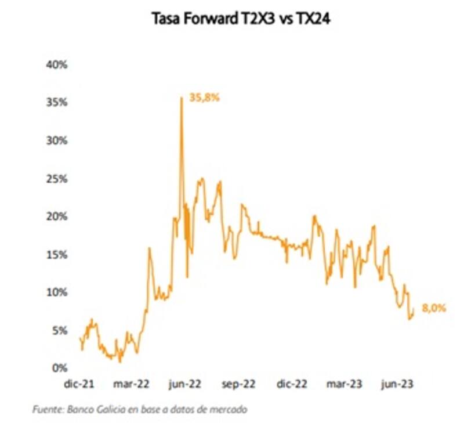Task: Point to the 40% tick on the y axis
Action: (57, 64)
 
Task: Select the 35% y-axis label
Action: (57, 102)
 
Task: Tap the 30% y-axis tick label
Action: (57, 140)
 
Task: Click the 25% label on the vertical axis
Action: (57, 178)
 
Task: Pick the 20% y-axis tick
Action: (57, 216)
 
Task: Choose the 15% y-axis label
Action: (57, 255)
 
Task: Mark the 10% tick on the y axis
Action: (57, 293)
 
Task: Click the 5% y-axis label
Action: (59, 331)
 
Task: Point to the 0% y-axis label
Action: (59, 369)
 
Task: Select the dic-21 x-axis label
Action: (81, 384)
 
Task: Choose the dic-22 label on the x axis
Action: (292, 384)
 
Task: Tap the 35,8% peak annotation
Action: (205, 98)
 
